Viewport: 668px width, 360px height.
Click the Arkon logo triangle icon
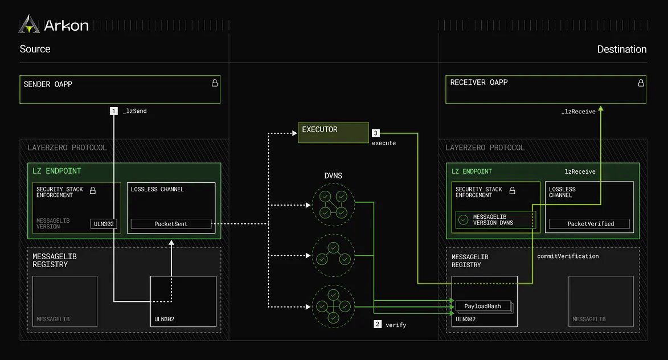point(29,24)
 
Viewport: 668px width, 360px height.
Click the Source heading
point(35,49)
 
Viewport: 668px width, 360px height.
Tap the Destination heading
point(621,50)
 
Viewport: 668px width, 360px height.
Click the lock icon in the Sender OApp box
point(215,83)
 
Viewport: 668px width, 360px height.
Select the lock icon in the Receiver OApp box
point(641,83)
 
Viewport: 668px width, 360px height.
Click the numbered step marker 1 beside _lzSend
point(114,111)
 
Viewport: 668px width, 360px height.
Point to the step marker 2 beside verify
point(378,325)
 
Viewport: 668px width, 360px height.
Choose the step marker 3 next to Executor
point(376,133)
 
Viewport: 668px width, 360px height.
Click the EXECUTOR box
point(333,132)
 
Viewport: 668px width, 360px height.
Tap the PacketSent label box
point(171,224)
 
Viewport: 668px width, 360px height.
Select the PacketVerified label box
point(590,224)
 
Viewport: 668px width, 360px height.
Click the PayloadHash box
point(482,306)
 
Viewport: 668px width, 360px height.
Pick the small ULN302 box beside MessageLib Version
point(103,224)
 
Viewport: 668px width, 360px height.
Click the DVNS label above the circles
point(333,175)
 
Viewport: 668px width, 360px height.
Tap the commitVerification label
point(568,256)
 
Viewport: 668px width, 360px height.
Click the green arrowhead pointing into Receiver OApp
point(600,108)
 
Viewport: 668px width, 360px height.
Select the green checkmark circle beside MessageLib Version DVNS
point(464,219)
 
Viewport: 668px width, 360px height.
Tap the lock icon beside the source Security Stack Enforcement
point(93,190)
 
